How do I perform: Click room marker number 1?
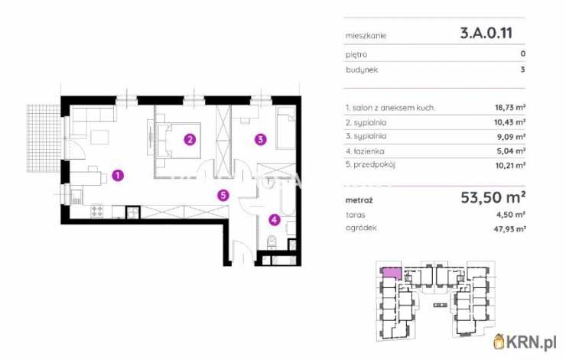click(x=118, y=176)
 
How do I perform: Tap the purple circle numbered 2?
click(x=190, y=139)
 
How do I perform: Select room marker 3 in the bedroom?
click(x=261, y=139)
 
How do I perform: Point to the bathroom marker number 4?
click(x=275, y=219)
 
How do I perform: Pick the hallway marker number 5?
click(x=223, y=196)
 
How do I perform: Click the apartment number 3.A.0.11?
click(x=486, y=33)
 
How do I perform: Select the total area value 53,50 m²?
click(x=493, y=197)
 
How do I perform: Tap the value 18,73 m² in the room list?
click(x=509, y=108)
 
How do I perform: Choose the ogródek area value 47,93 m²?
click(x=509, y=229)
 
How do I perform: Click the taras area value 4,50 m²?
click(x=512, y=215)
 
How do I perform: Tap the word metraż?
click(x=359, y=200)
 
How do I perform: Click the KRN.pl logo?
click(x=525, y=342)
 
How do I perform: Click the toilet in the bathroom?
click(x=272, y=242)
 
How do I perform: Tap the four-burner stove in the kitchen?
click(x=97, y=211)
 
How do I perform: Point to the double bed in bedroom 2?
click(x=179, y=141)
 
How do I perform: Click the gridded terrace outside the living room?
click(x=44, y=138)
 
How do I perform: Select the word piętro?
click(x=356, y=55)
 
